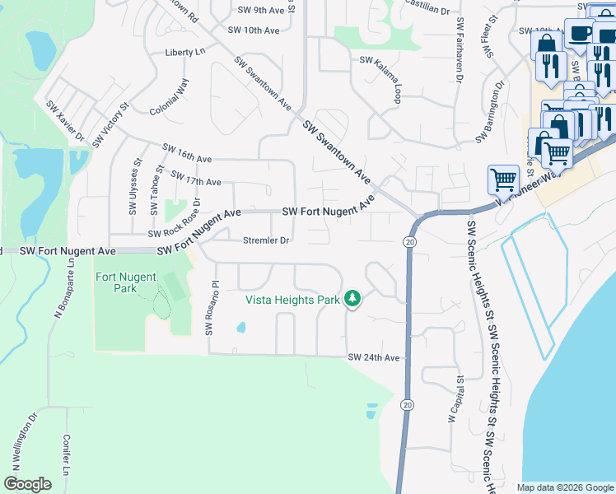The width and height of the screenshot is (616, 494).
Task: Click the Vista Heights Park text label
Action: tap(293, 300)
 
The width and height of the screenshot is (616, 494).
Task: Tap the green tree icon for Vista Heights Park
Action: tap(353, 299)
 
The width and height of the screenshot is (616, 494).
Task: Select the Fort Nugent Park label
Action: tap(127, 282)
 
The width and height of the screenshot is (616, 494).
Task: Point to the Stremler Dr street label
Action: tap(265, 241)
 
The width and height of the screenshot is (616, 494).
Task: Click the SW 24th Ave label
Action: tap(373, 357)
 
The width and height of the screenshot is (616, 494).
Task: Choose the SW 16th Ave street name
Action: tap(187, 153)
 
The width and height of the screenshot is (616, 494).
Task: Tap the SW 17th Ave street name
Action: tap(195, 178)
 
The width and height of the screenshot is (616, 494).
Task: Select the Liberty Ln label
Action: tap(184, 52)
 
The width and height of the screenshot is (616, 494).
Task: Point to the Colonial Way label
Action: tap(170, 97)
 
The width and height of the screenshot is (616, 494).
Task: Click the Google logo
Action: tap(27, 484)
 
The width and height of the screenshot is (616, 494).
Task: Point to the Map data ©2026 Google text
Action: tap(564, 487)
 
